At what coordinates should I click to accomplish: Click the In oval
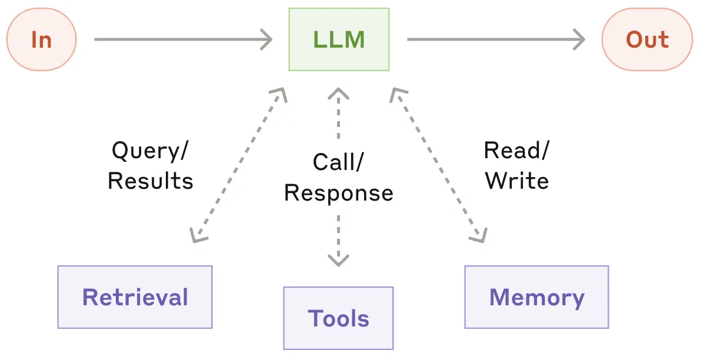[x=41, y=39]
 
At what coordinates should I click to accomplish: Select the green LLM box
[x=339, y=39]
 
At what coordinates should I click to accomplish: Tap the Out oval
[x=647, y=39]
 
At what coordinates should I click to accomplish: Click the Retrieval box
[x=135, y=297]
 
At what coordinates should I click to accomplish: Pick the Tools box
[x=338, y=318]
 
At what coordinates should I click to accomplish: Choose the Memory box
[x=536, y=297]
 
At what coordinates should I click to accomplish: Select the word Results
[x=150, y=181]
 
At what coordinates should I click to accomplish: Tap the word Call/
[x=338, y=162]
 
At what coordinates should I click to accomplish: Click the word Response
[x=339, y=194]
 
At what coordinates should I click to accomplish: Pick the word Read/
[x=517, y=151]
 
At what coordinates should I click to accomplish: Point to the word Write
[x=517, y=181]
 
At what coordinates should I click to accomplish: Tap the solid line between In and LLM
[x=183, y=39]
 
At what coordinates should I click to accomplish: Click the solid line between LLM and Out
[x=496, y=39]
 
